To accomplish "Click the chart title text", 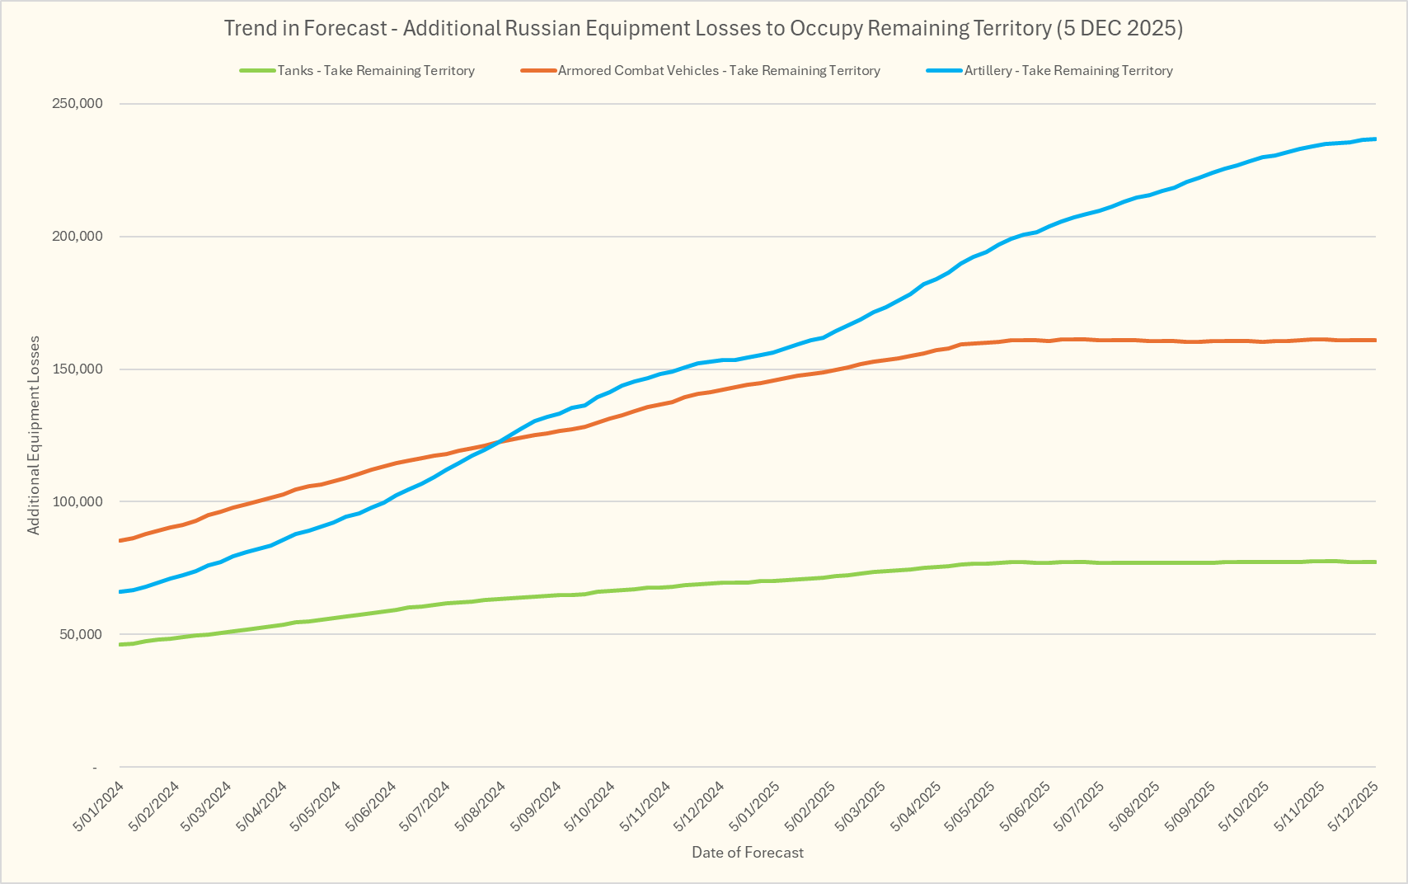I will (x=703, y=29).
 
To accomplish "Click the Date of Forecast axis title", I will (x=748, y=853).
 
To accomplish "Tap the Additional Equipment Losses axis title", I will (x=34, y=435).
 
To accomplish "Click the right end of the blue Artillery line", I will (x=1374, y=139).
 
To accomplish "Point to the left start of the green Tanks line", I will (x=120, y=644).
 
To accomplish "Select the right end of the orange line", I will (x=1374, y=340).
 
